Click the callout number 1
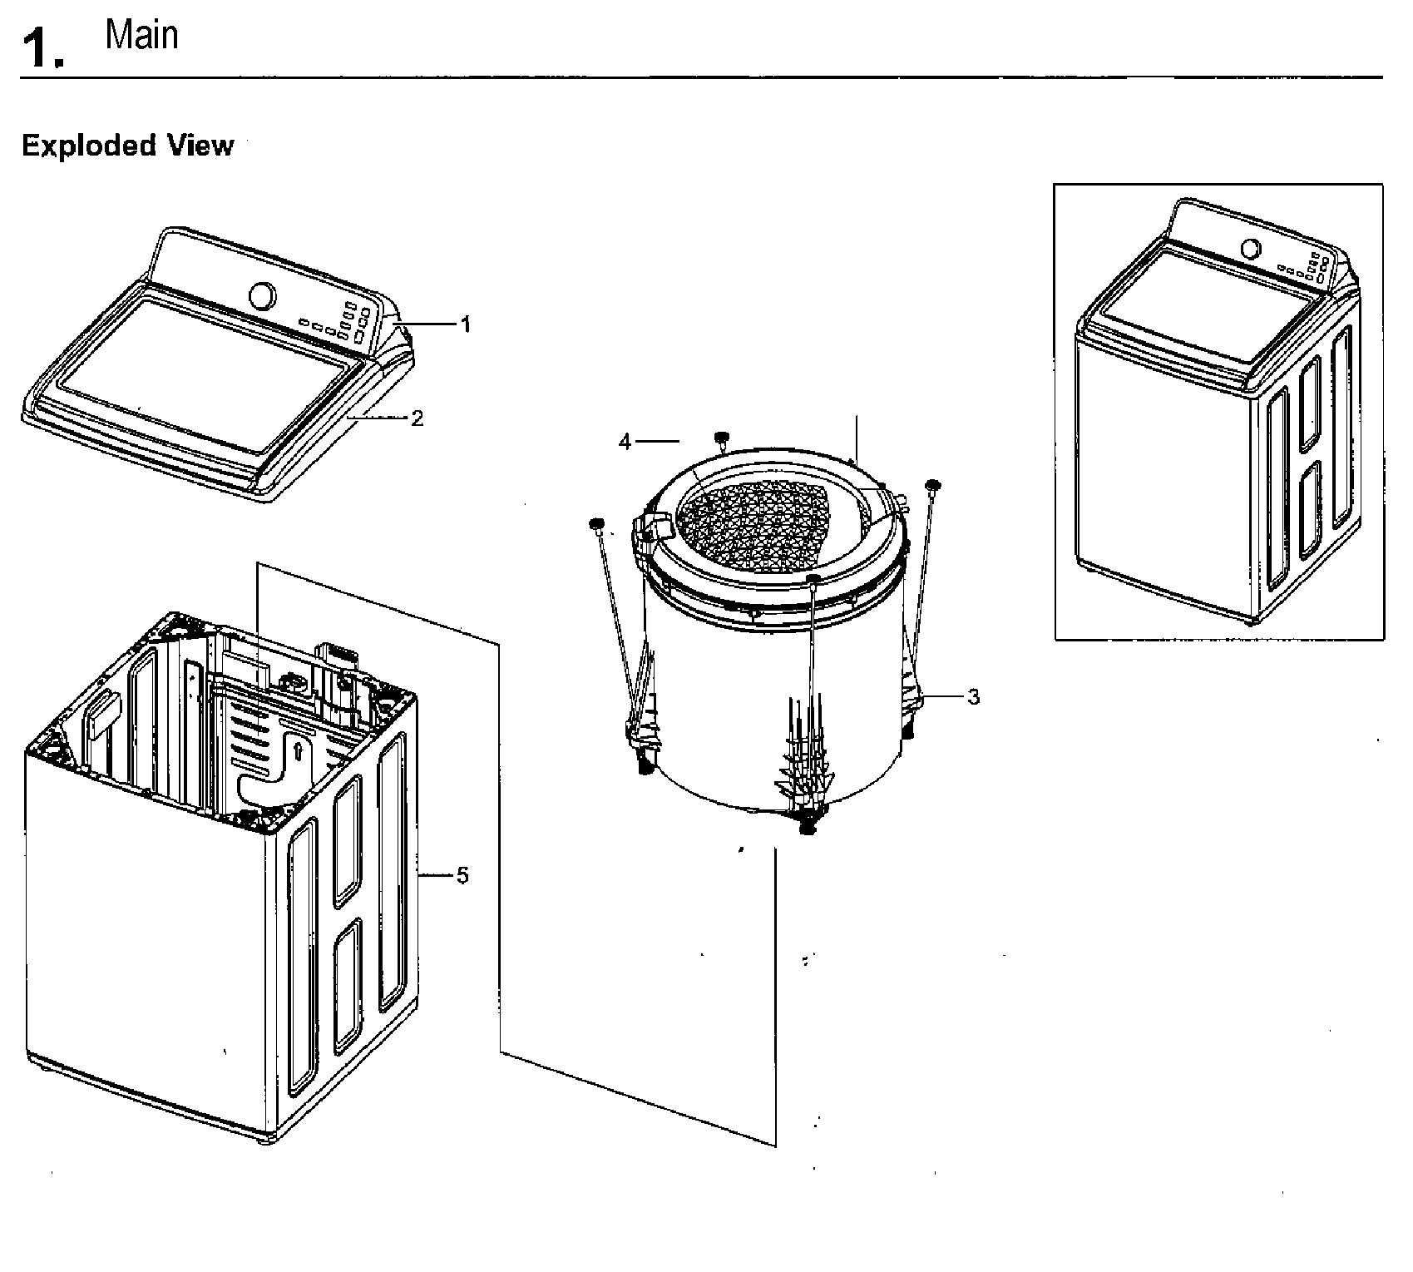466,325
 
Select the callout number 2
417,418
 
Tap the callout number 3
973,697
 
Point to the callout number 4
625,443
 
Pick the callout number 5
463,875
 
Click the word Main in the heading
141,36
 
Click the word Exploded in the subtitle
88,146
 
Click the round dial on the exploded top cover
262,296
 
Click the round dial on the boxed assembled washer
1248,249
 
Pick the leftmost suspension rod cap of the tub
596,523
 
